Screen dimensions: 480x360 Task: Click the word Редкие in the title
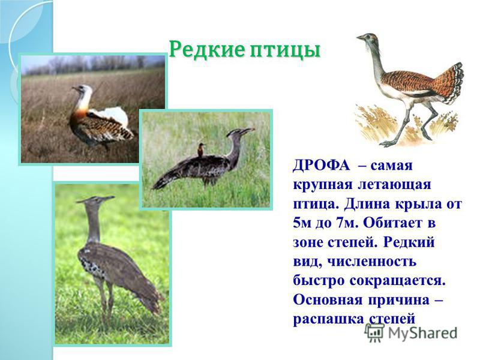pos(207,49)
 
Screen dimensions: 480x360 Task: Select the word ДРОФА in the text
pos(321,166)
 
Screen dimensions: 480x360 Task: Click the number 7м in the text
pos(346,223)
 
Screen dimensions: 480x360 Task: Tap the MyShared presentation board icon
pos(374,332)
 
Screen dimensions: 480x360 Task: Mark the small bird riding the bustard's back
pos(200,149)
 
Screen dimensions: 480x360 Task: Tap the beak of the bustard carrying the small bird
pos(248,130)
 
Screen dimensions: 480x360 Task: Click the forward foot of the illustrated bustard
pos(387,143)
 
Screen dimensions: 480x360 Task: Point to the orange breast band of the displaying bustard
pos(79,114)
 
